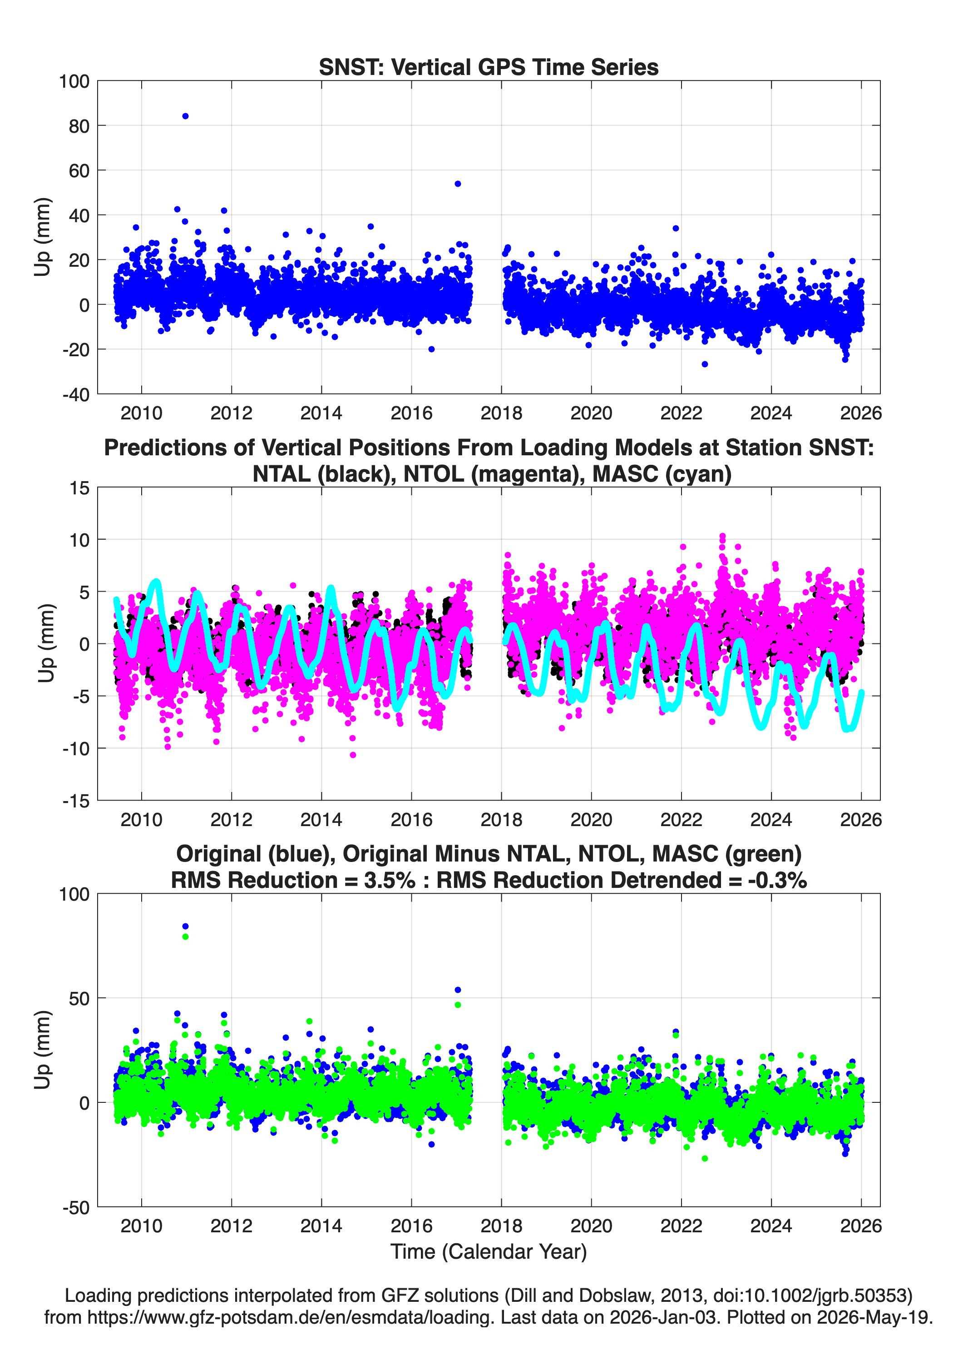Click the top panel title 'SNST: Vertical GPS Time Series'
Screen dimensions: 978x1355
click(489, 67)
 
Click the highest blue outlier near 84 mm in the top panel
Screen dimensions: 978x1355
click(185, 116)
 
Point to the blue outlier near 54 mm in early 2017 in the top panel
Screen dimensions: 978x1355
click(457, 184)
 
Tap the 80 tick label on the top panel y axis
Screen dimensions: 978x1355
click(79, 126)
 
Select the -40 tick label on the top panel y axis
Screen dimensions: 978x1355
click(76, 394)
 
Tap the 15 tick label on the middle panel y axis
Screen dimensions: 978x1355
click(80, 488)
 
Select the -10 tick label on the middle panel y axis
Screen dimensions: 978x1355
click(76, 748)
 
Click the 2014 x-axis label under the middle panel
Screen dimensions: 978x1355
click(321, 819)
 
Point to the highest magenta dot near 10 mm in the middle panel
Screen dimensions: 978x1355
click(722, 537)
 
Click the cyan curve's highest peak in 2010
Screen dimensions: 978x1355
click(157, 581)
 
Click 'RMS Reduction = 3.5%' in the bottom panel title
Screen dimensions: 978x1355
click(293, 880)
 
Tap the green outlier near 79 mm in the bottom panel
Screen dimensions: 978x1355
click(185, 936)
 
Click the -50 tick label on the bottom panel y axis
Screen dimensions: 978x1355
click(76, 1207)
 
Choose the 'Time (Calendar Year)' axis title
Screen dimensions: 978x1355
click(489, 1251)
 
